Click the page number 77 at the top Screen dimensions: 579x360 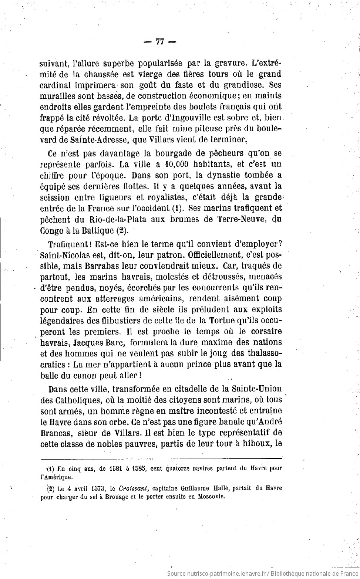click(160, 42)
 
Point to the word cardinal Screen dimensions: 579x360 click(55, 85)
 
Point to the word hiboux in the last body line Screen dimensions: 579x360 click(256, 444)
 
